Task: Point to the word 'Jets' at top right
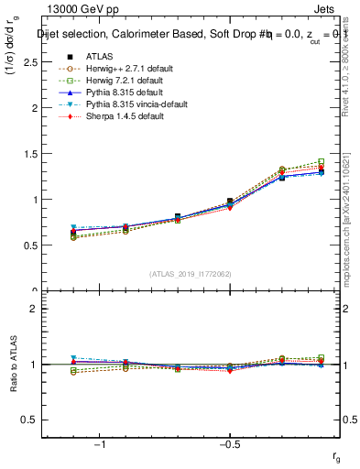point(338,10)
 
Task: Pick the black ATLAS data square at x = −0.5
point(230,202)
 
